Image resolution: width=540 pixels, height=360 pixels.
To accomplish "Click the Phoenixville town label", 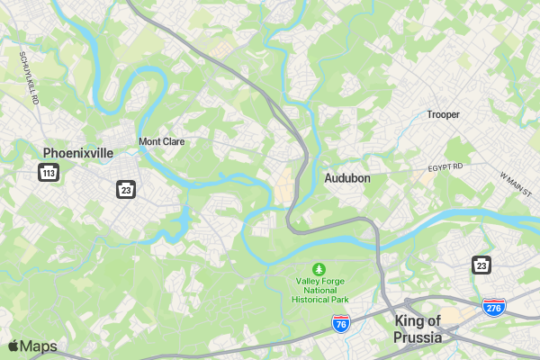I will [x=78, y=153].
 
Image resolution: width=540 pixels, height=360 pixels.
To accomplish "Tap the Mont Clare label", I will [x=162, y=141].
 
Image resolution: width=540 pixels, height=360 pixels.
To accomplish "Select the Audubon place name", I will [x=347, y=178].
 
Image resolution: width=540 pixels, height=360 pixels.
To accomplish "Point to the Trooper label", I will [x=443, y=114].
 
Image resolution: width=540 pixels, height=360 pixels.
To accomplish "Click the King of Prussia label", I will [x=418, y=329].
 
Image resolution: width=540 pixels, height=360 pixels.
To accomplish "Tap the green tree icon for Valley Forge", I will [x=318, y=269].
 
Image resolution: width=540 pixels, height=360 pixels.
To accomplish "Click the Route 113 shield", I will [x=49, y=172].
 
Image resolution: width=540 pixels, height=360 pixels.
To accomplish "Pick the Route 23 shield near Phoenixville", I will [x=125, y=189].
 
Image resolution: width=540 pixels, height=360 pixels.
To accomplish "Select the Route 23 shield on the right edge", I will [x=481, y=264].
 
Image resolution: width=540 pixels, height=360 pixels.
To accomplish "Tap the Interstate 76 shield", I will [x=340, y=323].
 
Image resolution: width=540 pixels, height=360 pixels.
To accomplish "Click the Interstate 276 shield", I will [x=492, y=307].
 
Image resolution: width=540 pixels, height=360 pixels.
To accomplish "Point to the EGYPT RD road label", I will [x=445, y=167].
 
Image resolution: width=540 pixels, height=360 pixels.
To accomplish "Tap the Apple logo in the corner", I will [x=13, y=346].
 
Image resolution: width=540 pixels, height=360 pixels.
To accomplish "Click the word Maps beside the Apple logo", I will [x=39, y=346].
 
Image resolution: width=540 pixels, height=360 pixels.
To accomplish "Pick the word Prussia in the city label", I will [x=418, y=337].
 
